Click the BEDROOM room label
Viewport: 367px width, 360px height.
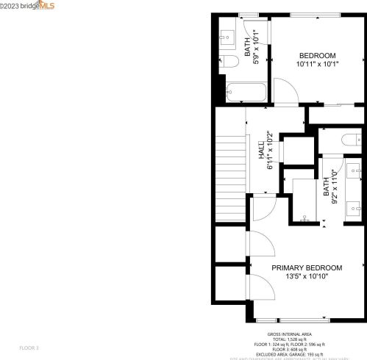(x=317, y=56)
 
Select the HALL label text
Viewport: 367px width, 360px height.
(x=261, y=151)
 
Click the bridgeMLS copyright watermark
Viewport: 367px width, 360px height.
(x=28, y=6)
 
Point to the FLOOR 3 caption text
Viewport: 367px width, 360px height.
(x=29, y=347)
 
